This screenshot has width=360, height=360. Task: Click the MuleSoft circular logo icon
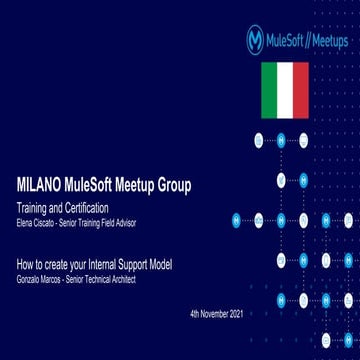click(x=255, y=39)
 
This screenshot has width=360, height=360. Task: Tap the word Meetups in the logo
click(x=326, y=40)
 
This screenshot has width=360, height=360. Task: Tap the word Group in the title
click(x=171, y=185)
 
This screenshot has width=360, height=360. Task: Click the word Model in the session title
click(x=159, y=264)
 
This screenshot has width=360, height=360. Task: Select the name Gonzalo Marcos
click(x=37, y=277)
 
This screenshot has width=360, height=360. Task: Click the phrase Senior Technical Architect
click(x=100, y=277)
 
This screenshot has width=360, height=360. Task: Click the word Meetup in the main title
click(x=129, y=185)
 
